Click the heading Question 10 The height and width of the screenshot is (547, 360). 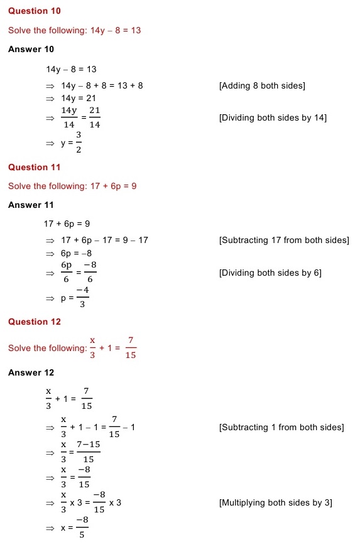pos(35,11)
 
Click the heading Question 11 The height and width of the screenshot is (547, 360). pos(35,167)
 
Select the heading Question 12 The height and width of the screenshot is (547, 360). pos(35,322)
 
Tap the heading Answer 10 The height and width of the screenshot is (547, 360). pos(31,49)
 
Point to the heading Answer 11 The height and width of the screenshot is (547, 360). pos(31,205)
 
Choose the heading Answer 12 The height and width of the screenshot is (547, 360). pos(31,372)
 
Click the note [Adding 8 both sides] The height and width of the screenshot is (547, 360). pos(262,85)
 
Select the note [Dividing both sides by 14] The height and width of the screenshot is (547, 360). pos(273,117)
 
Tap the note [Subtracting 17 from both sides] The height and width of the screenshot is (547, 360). pos(284,240)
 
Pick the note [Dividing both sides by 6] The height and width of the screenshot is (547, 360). pos(270,273)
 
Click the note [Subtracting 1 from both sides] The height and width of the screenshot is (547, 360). pos(281,427)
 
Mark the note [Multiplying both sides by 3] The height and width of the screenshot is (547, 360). pos(275,502)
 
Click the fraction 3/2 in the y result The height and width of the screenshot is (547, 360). pos(78,143)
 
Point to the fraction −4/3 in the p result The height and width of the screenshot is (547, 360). pos(82,298)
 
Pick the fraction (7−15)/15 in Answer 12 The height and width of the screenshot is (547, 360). pos(88,453)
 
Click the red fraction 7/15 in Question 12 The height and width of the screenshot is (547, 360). pos(130,348)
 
